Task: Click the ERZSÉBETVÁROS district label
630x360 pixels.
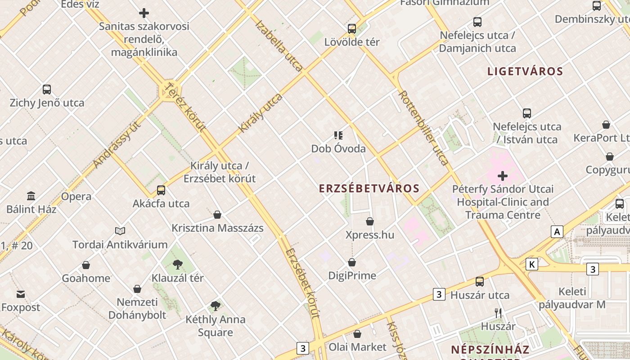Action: pyautogui.click(x=369, y=189)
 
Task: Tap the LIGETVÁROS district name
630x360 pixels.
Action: pyautogui.click(x=525, y=71)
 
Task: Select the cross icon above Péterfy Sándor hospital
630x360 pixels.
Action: pyautogui.click(x=503, y=175)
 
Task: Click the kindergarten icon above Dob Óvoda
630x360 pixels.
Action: pyautogui.click(x=338, y=135)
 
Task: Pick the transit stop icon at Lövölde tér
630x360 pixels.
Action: pyautogui.click(x=352, y=29)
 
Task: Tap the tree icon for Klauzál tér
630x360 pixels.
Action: pyautogui.click(x=178, y=265)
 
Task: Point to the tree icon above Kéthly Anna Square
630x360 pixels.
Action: pyautogui.click(x=216, y=306)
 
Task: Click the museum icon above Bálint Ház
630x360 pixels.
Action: pyautogui.click(x=31, y=196)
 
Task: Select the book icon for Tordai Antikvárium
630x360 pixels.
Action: pyautogui.click(x=120, y=231)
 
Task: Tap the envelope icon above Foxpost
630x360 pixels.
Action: pyautogui.click(x=21, y=294)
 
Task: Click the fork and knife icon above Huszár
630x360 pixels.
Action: pyautogui.click(x=498, y=313)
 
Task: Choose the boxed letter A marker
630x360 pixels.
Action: pyautogui.click(x=557, y=232)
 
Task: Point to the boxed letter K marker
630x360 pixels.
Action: pyautogui.click(x=532, y=264)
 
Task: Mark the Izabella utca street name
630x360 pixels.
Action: pyautogui.click(x=279, y=45)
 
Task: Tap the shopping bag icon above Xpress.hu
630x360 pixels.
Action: pyautogui.click(x=370, y=221)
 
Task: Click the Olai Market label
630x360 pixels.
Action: pyautogui.click(x=357, y=347)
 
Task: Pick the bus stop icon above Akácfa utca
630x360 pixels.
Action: pyautogui.click(x=161, y=190)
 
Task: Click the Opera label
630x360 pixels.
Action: pyautogui.click(x=76, y=197)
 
